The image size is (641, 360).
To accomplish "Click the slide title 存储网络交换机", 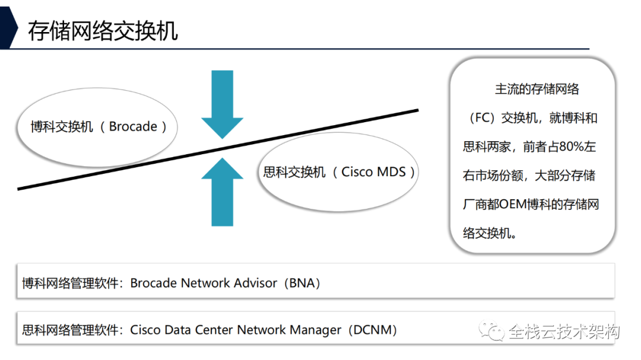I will (103, 30).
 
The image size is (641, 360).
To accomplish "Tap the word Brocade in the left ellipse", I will (133, 126).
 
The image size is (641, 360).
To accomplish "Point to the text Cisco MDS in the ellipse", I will (373, 172).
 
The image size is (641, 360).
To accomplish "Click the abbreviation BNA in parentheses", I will (304, 283).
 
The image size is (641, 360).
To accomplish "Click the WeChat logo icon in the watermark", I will (492, 331).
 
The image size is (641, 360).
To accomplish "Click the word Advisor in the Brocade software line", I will (254, 283).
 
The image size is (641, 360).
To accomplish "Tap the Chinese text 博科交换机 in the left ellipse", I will (62, 126).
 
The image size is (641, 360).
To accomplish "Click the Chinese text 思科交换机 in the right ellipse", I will (294, 172).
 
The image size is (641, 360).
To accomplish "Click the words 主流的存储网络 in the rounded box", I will (537, 90).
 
